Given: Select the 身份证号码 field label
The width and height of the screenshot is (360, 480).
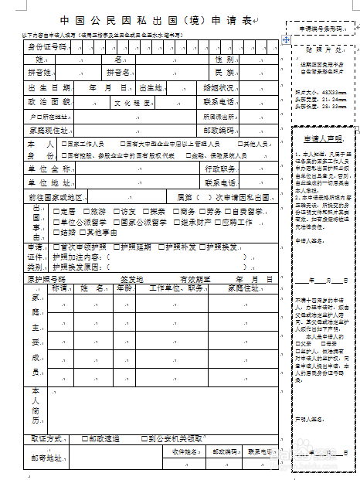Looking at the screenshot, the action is (x=48, y=47).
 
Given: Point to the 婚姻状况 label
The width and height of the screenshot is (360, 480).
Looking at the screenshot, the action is (x=220, y=87).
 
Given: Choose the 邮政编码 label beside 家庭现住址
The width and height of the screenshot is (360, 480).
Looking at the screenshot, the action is (x=220, y=129).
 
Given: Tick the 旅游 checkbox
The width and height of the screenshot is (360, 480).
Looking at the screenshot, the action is (x=87, y=211).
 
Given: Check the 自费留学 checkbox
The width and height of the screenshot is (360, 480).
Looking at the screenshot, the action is (x=231, y=211).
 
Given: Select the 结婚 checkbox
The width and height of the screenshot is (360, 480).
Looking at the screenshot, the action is (x=57, y=232).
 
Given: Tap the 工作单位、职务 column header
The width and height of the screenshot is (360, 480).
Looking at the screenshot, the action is (x=170, y=288).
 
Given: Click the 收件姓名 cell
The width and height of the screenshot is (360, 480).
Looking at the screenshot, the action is (x=183, y=451).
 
